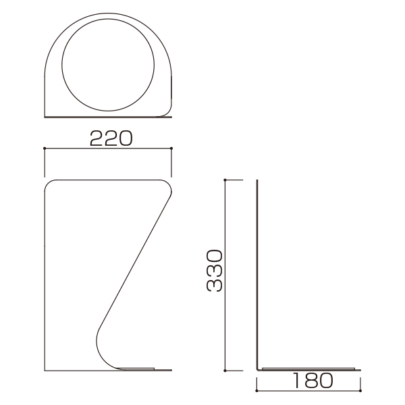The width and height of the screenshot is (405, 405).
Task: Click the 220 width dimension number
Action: [111, 138]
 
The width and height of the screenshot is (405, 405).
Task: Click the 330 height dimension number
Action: [215, 271]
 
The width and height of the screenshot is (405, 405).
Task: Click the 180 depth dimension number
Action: [313, 381]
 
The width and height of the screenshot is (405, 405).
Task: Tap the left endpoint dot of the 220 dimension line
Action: [45, 148]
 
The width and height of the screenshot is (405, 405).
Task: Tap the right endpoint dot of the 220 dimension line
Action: [171, 148]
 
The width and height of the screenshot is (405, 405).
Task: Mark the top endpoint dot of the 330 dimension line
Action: [225, 180]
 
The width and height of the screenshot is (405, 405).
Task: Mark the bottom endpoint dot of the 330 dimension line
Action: [225, 371]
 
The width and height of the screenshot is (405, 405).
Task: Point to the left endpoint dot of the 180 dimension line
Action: [256, 391]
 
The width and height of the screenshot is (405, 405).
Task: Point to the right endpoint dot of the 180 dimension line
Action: [360, 391]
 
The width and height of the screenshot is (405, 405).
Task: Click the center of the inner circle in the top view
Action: [108, 65]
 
